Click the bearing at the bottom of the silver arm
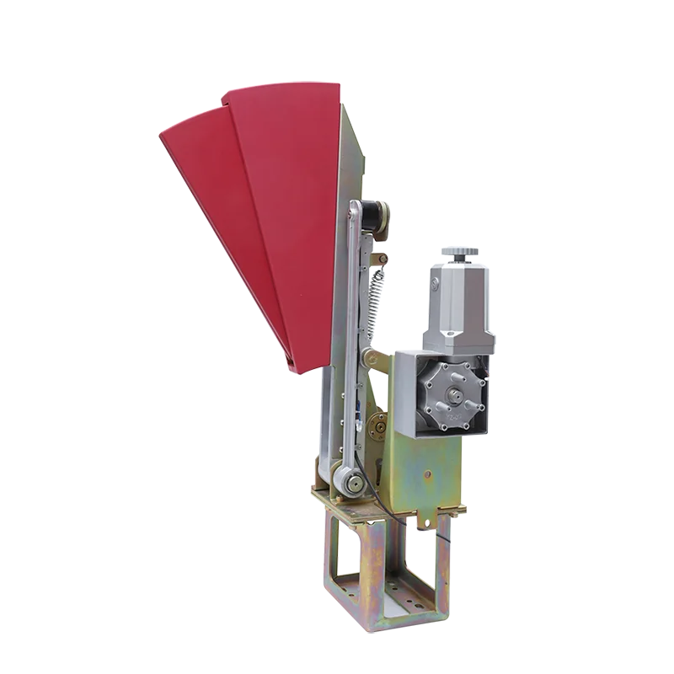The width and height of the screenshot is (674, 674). tap(352, 484)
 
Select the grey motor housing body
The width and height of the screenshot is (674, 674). tap(459, 303)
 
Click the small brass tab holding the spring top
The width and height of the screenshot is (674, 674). tap(380, 258)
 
